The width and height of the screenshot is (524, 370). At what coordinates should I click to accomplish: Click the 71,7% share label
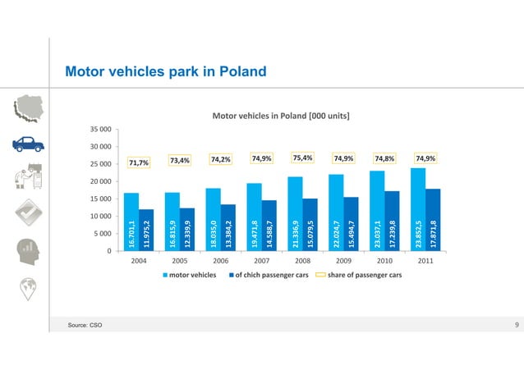pos(139,162)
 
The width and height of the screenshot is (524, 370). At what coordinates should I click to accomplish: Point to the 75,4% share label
pos(302,158)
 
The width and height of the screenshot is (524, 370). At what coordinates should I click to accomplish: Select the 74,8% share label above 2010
pos(384,159)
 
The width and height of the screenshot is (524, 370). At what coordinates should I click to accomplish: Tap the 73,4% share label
pos(180,160)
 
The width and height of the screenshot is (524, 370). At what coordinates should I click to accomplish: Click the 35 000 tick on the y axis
pos(100,130)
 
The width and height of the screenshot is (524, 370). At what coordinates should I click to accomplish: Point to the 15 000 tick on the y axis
pos(100,199)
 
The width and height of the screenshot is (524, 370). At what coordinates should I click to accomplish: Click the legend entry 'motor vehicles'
pos(191,275)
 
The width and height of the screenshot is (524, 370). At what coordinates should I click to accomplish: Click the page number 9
pos(516,327)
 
